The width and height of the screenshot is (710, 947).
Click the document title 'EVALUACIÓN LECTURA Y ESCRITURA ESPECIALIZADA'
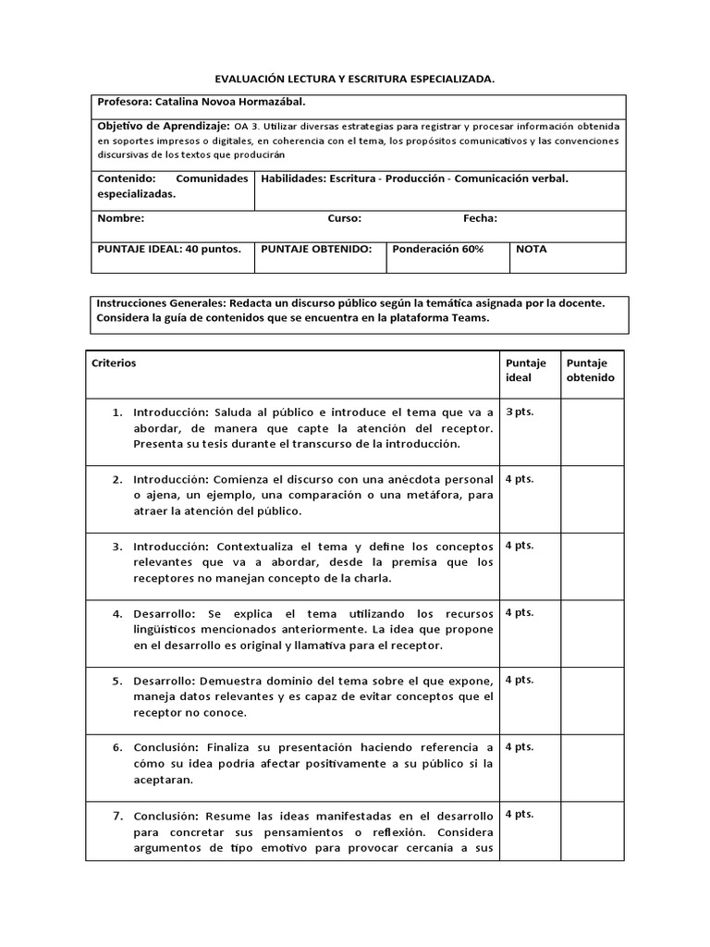pyautogui.click(x=356, y=80)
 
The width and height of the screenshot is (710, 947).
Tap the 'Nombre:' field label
pyautogui.click(x=120, y=219)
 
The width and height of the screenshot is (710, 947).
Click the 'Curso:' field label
pyautogui.click(x=344, y=219)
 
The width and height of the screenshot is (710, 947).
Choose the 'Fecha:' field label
pyautogui.click(x=480, y=219)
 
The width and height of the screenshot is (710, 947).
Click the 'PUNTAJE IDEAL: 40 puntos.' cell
pyautogui.click(x=169, y=249)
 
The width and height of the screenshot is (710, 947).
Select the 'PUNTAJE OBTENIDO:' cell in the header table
pyautogui.click(x=316, y=249)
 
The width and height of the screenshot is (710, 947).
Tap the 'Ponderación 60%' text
pyautogui.click(x=437, y=249)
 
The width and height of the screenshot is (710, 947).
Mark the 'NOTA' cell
pyautogui.click(x=531, y=249)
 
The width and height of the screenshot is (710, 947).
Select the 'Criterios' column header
pyautogui.click(x=114, y=363)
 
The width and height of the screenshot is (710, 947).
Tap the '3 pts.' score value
pyautogui.click(x=519, y=412)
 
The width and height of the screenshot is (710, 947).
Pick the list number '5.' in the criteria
pyautogui.click(x=117, y=681)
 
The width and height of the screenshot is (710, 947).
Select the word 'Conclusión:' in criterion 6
pyautogui.click(x=166, y=747)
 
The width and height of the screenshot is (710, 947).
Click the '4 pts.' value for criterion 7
pyautogui.click(x=519, y=815)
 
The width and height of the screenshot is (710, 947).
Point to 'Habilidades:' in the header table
pyautogui.click(x=293, y=178)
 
